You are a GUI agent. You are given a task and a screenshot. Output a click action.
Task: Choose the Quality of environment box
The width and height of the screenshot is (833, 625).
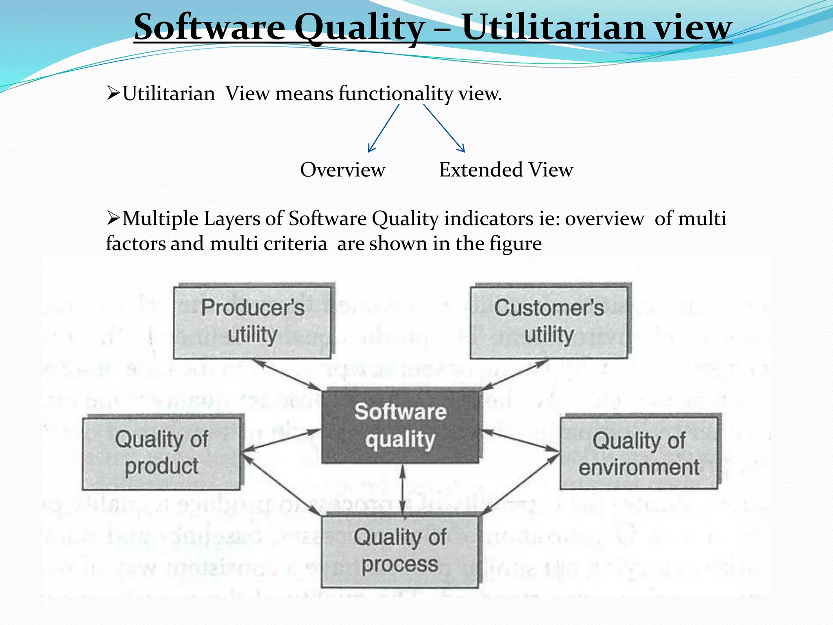tap(639, 453)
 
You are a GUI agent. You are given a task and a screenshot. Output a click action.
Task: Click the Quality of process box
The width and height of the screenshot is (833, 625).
tap(400, 551)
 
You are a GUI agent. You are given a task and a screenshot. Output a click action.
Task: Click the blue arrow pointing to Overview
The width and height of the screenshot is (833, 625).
tap(383, 129)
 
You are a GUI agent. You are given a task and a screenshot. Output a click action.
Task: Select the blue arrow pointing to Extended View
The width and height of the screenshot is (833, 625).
tap(444, 129)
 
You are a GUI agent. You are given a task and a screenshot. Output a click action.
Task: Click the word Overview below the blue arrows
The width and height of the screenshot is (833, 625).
tap(342, 170)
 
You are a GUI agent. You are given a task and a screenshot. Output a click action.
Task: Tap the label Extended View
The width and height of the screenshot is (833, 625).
tap(506, 170)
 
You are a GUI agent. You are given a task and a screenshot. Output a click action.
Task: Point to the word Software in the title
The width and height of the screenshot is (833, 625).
tap(209, 28)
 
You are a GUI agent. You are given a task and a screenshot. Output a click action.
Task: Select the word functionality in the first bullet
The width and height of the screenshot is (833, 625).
tap(396, 94)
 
